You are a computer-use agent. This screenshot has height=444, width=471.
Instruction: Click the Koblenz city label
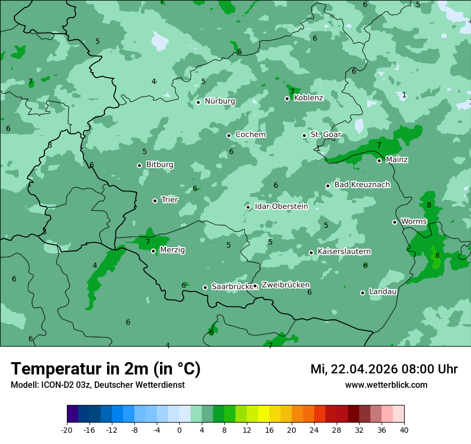(x=308, y=98)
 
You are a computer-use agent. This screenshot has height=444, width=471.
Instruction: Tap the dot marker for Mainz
(x=379, y=160)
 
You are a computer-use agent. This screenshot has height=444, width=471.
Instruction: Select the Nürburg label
(x=219, y=101)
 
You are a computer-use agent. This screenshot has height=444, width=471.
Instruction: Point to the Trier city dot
(x=155, y=201)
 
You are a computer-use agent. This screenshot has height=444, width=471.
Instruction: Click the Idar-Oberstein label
(x=281, y=206)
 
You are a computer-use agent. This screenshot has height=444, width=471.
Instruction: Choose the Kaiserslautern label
(x=344, y=251)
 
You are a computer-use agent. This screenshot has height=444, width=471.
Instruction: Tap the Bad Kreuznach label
(x=362, y=185)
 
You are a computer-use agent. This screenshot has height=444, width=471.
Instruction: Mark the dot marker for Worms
(x=394, y=222)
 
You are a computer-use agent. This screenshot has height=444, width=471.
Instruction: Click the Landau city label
(x=383, y=292)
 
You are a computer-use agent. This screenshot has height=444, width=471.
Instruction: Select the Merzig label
(x=172, y=250)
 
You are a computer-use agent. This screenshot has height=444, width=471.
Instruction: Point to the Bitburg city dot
(x=139, y=165)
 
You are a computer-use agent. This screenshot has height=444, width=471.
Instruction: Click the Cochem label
(x=250, y=135)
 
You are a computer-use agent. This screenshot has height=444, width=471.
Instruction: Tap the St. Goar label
(x=325, y=135)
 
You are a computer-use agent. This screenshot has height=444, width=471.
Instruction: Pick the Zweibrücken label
(x=285, y=285)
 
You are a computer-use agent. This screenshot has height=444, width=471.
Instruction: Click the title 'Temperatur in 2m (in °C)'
(x=105, y=369)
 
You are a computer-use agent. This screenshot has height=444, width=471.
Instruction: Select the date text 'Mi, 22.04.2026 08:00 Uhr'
(x=384, y=369)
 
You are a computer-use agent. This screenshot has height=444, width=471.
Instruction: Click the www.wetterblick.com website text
(x=386, y=385)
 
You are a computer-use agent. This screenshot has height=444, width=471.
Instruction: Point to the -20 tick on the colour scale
(x=67, y=430)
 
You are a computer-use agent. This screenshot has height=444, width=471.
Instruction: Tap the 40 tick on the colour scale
(x=404, y=430)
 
